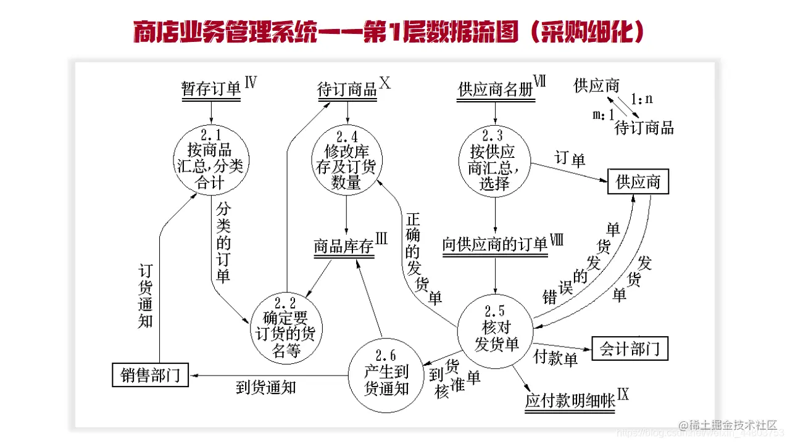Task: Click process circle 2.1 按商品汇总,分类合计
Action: point(211,160)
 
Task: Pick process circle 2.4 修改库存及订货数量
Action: point(346,160)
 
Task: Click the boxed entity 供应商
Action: point(638,182)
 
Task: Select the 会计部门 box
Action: point(630,349)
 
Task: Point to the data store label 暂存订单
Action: point(211,89)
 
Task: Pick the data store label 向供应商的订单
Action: point(495,245)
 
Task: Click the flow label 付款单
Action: point(555,358)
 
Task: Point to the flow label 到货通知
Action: point(266,387)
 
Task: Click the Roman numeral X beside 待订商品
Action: point(385,83)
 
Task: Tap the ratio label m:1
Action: point(603,115)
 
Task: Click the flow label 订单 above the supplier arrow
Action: point(570,159)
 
